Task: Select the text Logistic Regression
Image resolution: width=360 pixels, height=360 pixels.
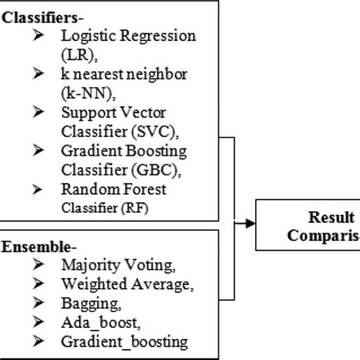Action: click(128, 36)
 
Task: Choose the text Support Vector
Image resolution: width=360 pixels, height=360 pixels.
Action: click(114, 112)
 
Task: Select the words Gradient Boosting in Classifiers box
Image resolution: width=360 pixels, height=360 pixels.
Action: click(124, 150)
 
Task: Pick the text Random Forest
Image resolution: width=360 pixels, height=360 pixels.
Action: click(113, 189)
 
